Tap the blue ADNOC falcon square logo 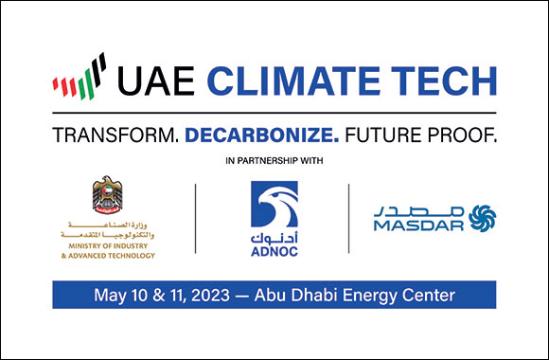(x=274, y=206)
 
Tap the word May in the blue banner (x=109, y=296)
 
